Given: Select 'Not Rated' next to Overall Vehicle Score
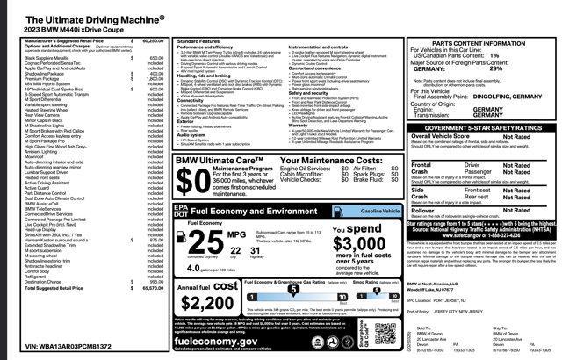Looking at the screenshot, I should (516, 137).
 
